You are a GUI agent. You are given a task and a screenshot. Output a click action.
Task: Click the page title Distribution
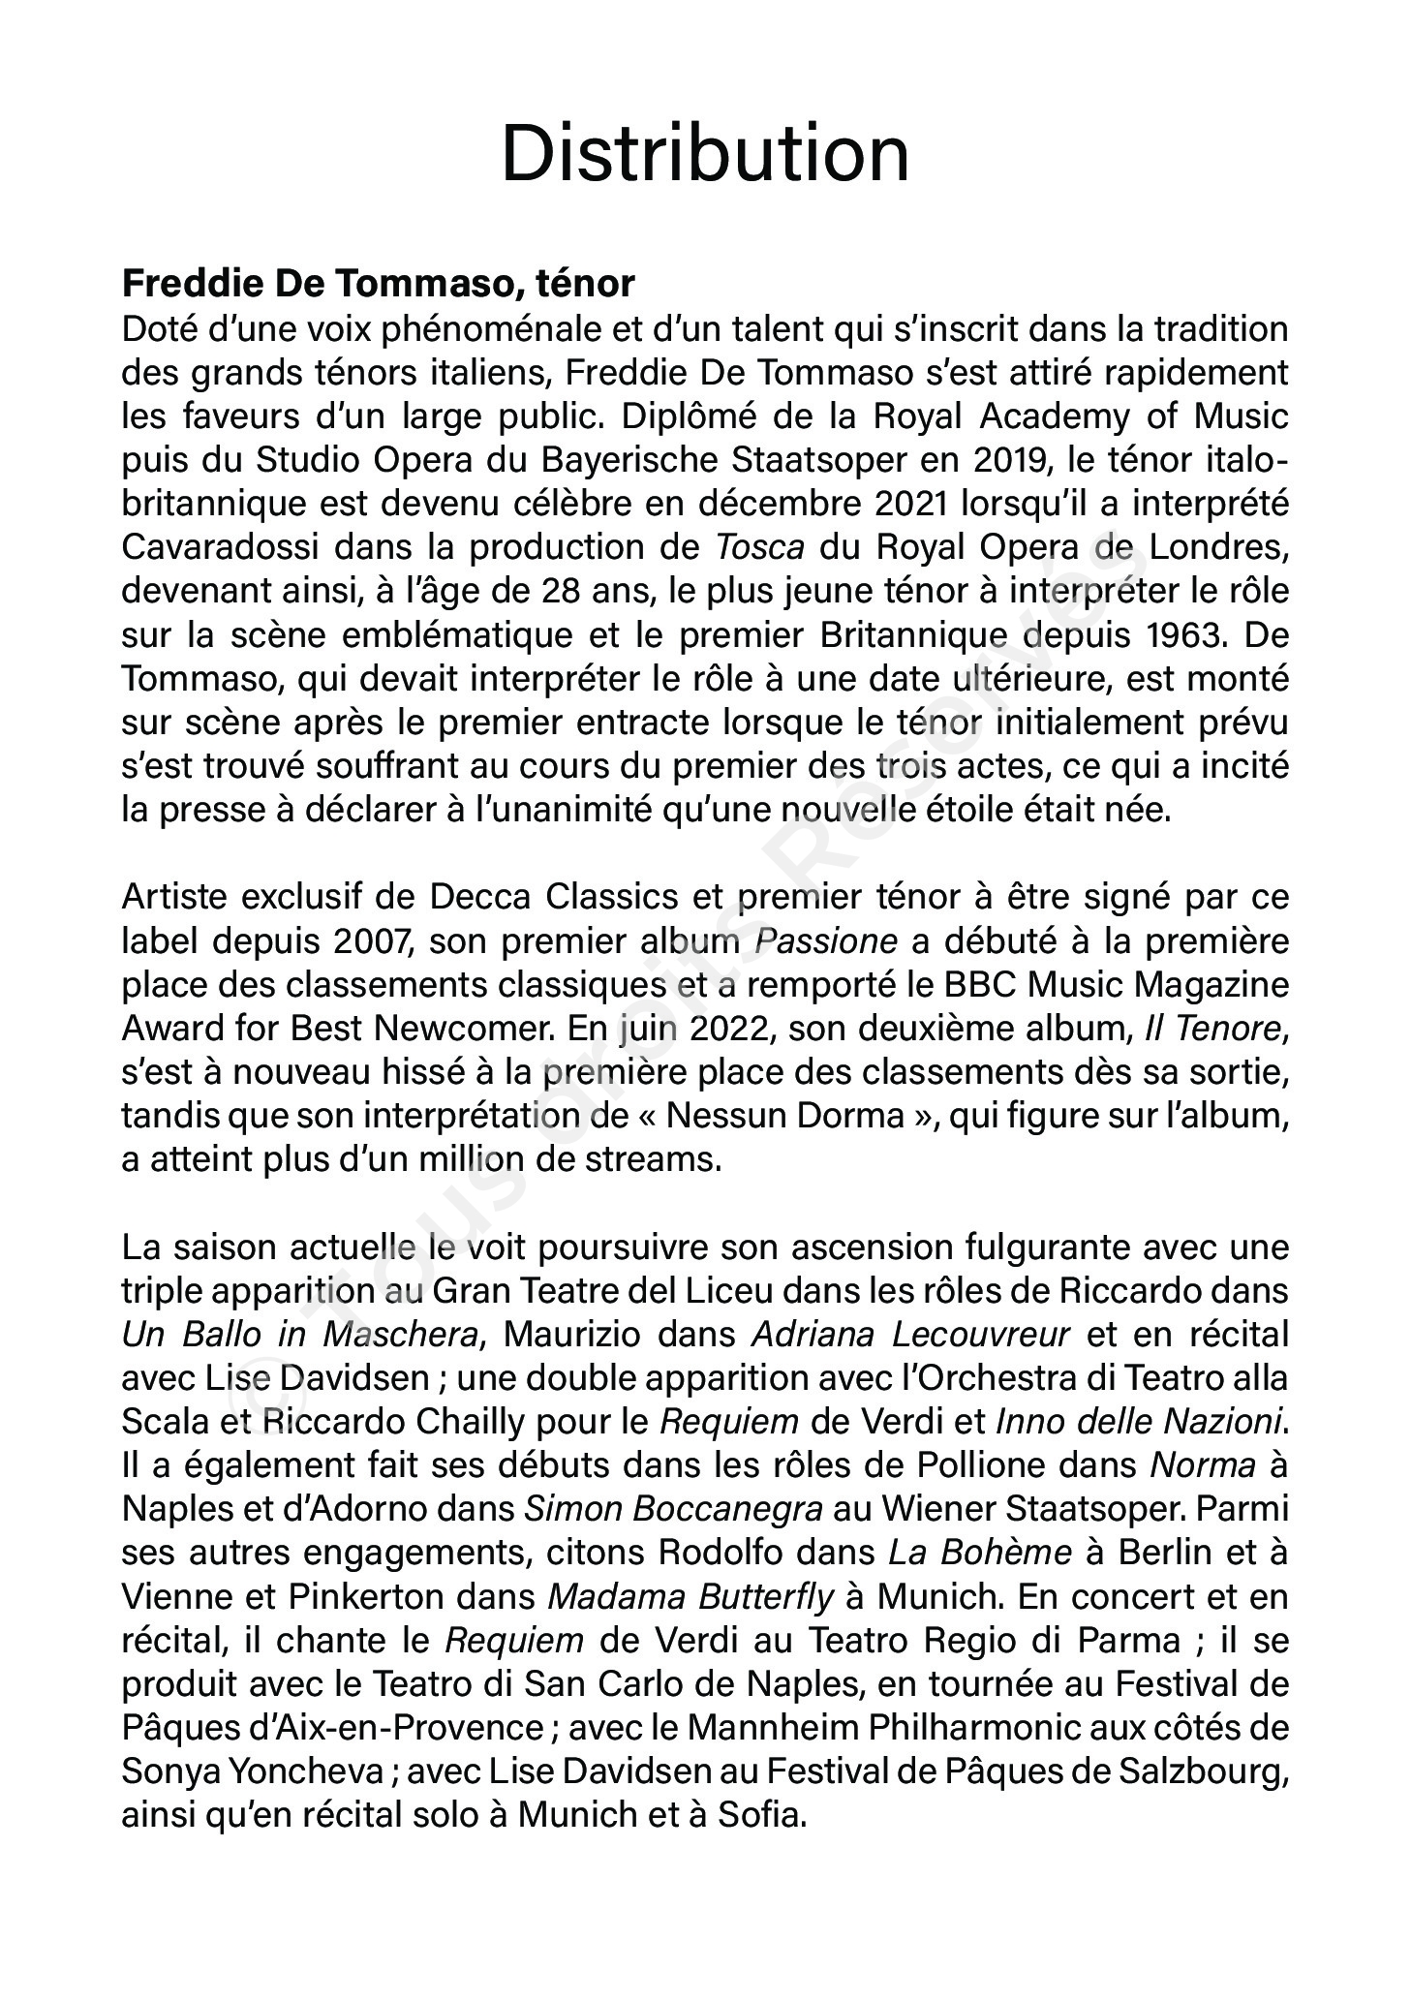(x=705, y=154)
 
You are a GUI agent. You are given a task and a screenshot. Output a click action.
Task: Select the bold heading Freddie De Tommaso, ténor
(x=378, y=285)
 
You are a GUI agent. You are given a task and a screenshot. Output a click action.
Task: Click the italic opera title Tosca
(x=760, y=547)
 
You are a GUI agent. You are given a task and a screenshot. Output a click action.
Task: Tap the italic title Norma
(x=1202, y=1465)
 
